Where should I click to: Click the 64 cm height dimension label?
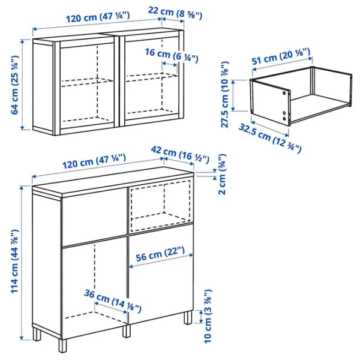coord(15,85)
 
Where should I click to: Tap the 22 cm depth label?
coord(175,13)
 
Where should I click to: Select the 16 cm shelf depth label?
coord(172,55)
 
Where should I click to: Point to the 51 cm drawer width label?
coord(281,57)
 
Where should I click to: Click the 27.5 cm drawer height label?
coord(225,94)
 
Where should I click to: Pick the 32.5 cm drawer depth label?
coord(270,138)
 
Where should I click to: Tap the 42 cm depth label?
coord(180,155)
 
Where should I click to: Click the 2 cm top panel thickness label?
coord(222,174)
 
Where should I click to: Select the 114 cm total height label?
coord(15,261)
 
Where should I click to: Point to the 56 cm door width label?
coord(160,254)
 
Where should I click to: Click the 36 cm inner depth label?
coord(113,301)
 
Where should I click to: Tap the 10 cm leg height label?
coord(208,316)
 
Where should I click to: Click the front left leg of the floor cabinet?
coord(62,346)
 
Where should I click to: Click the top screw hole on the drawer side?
coord(284,93)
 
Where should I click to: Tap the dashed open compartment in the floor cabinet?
coord(160,205)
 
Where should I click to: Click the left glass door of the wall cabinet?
coord(87,85)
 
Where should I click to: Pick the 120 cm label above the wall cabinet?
coord(98,17)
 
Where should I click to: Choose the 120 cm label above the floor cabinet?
coord(94,161)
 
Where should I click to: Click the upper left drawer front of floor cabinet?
coord(94,218)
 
